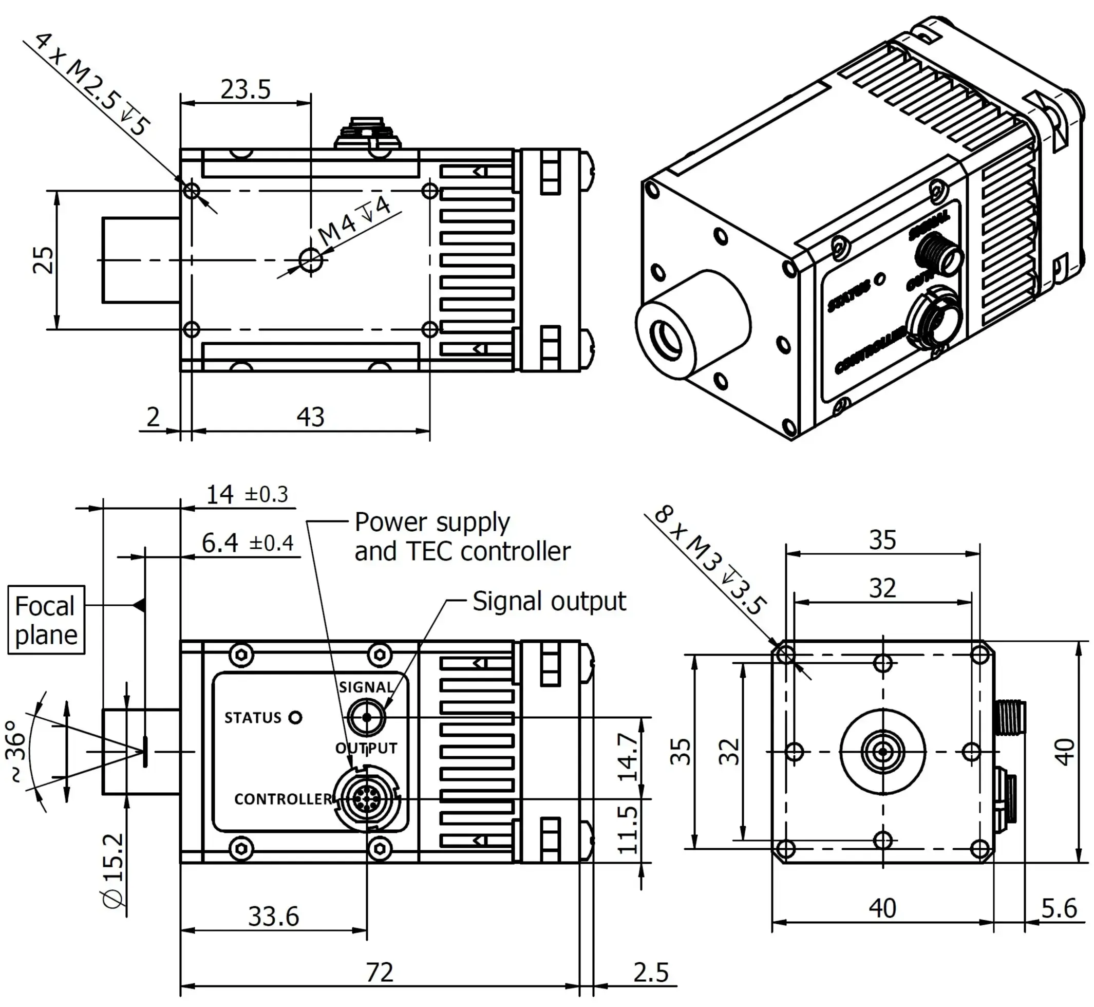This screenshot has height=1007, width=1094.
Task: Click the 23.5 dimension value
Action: click(x=245, y=89)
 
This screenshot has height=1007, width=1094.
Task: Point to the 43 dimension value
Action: click(x=311, y=417)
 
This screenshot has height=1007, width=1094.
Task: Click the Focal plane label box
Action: click(x=46, y=620)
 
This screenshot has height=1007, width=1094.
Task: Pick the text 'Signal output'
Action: click(x=549, y=602)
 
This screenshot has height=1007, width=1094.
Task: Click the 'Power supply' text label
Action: click(x=432, y=522)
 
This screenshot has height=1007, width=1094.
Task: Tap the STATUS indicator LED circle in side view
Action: click(x=295, y=718)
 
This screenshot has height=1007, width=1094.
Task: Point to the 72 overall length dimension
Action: click(x=379, y=972)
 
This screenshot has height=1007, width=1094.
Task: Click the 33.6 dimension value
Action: click(x=273, y=917)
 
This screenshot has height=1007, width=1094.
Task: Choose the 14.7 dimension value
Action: click(x=629, y=757)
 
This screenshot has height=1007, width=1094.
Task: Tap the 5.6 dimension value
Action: click(x=1059, y=908)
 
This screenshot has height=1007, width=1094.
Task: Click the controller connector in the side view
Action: click(x=367, y=799)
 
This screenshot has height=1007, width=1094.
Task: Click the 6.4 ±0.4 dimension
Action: click(x=248, y=543)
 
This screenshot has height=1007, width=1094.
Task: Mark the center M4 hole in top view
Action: click(x=311, y=260)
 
